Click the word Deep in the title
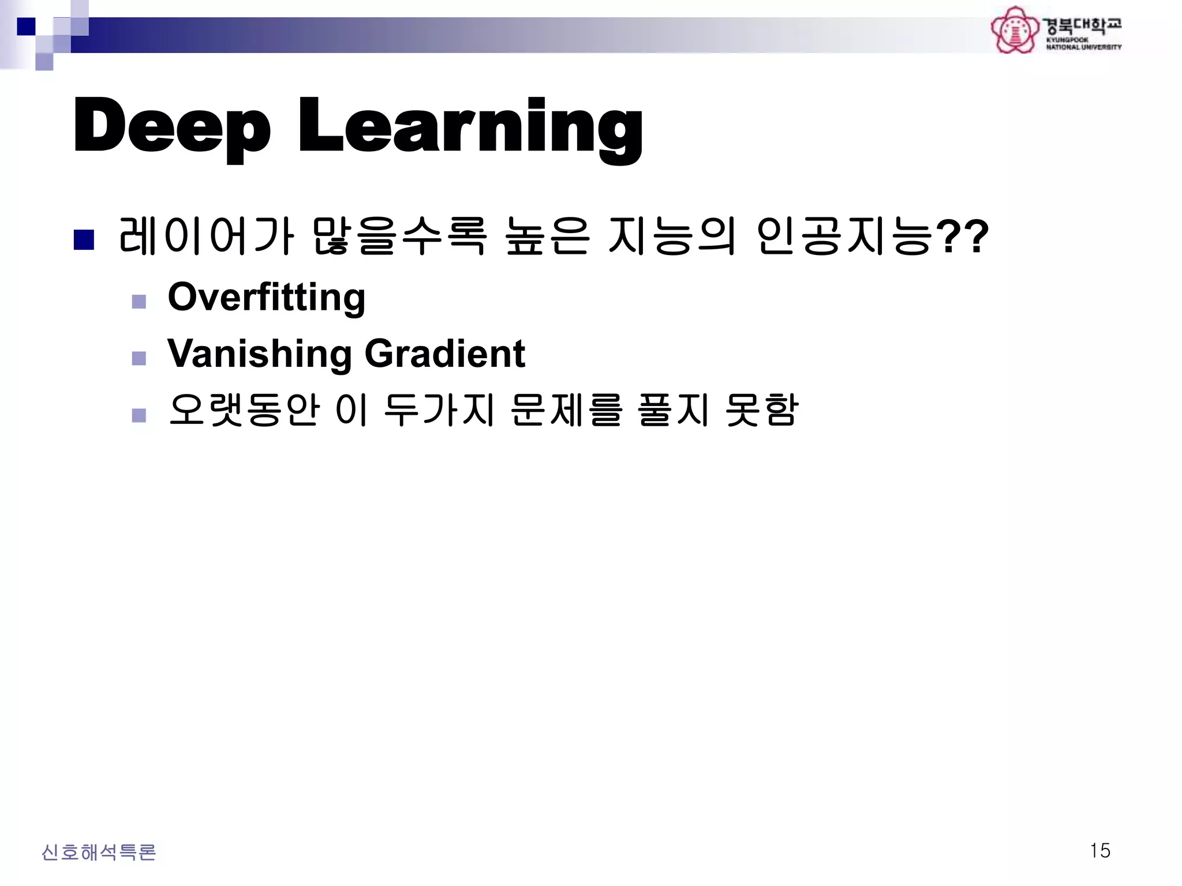pyautogui.click(x=171, y=126)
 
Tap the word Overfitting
pyautogui.click(x=266, y=297)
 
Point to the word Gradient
pyautogui.click(x=444, y=353)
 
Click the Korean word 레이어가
pyautogui.click(x=205, y=236)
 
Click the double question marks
pyautogui.click(x=962, y=236)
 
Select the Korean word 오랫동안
pyautogui.click(x=244, y=410)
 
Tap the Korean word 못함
pyautogui.click(x=761, y=410)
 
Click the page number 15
pyautogui.click(x=1100, y=851)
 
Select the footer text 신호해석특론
pyautogui.click(x=99, y=852)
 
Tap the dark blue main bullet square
pyautogui.click(x=84, y=240)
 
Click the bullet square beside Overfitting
pyautogui.click(x=139, y=302)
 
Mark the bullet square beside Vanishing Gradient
pyautogui.click(x=139, y=358)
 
